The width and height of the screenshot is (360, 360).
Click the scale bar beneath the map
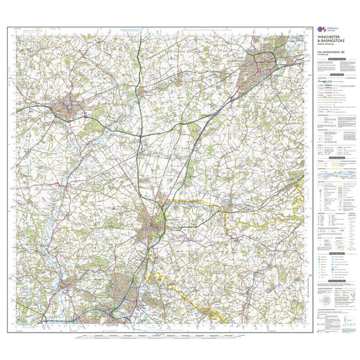pos(157,336)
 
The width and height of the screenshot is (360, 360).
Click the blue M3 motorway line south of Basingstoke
pos(216,118)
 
